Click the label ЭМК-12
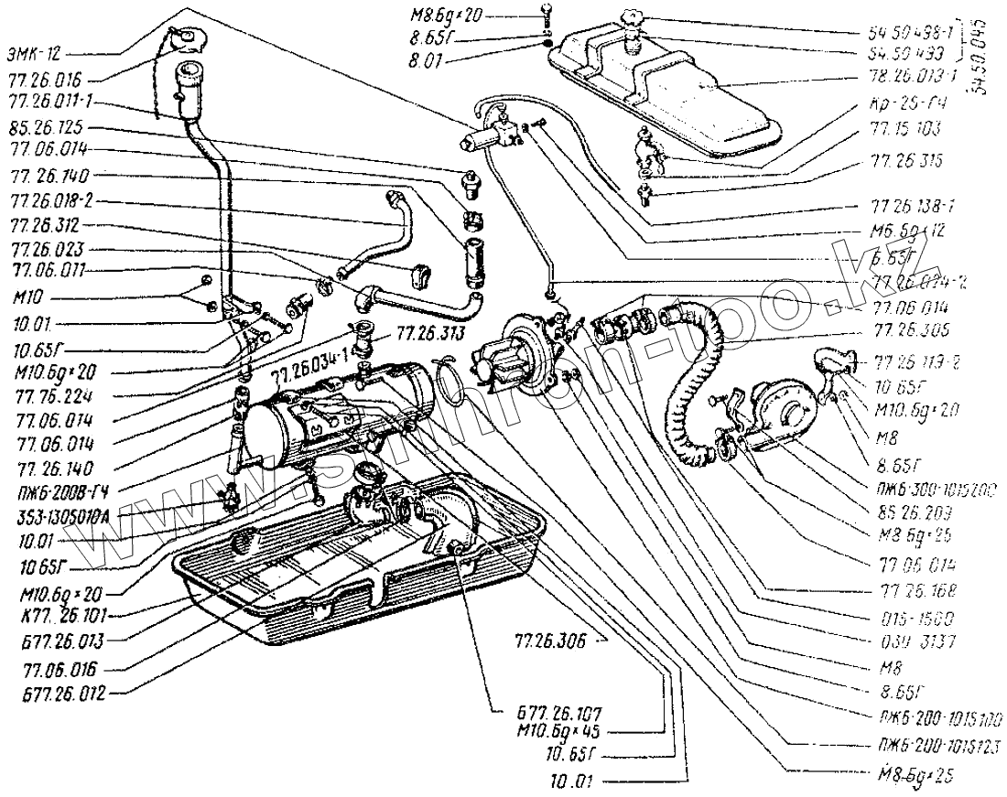pos(36,54)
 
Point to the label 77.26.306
pos(548,641)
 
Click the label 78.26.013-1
pos(915,75)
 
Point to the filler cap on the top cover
pos(631,18)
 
